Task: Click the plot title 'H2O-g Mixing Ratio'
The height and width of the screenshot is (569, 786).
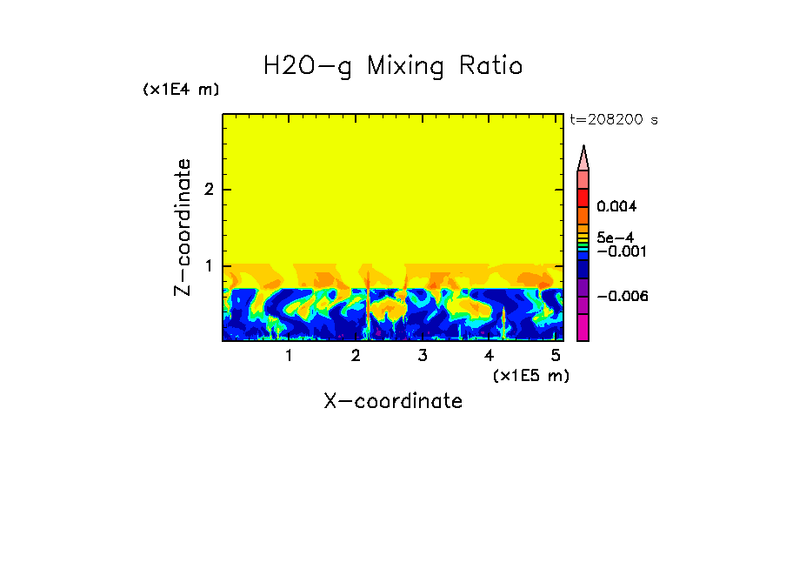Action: (x=393, y=66)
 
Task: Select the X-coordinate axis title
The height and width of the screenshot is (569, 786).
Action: (x=393, y=401)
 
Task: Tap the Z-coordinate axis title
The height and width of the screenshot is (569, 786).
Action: (x=183, y=227)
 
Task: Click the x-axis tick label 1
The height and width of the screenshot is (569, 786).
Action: (x=289, y=355)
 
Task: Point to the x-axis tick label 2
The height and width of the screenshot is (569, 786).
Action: (x=356, y=355)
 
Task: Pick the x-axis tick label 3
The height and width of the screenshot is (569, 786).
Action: (x=423, y=355)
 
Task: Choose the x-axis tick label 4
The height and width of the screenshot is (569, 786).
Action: (x=490, y=355)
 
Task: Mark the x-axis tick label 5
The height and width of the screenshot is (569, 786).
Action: (x=556, y=355)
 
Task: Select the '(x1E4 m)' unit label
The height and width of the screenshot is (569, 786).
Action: (x=181, y=90)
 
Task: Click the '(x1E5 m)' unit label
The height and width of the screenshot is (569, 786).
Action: (x=530, y=375)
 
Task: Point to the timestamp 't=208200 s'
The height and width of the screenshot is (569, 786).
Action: (x=614, y=120)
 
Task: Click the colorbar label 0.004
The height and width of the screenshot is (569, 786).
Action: (x=616, y=207)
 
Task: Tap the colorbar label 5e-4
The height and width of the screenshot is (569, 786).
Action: (x=615, y=238)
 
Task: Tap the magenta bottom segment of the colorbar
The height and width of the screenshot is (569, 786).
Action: (x=583, y=327)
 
